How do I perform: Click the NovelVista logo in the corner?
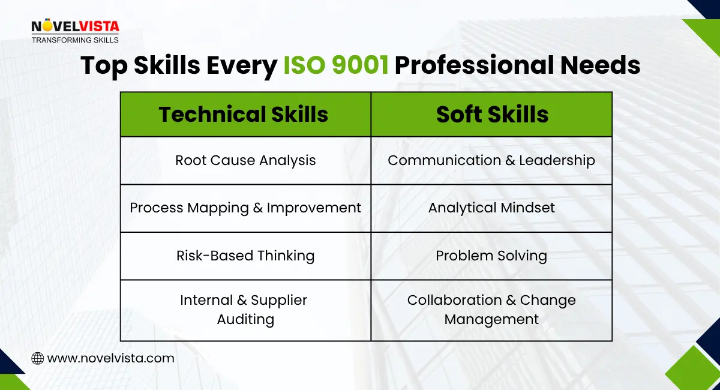point(75,27)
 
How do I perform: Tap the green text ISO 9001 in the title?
point(335,65)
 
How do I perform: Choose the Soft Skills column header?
point(492,114)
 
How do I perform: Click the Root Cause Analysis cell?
point(245,160)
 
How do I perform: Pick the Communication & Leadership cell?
point(491,160)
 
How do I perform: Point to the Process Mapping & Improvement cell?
point(245,208)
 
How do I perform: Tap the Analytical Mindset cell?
point(491,208)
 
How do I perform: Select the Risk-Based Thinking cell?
point(245,256)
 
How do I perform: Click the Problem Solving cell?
point(491,256)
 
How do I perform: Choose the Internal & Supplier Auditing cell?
point(245,310)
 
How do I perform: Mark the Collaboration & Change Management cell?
point(491,310)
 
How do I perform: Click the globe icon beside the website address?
point(37,358)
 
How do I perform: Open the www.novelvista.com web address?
point(110,358)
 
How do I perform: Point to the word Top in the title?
point(103,65)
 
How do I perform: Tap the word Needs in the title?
point(607,65)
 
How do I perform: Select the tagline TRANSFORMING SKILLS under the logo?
point(75,40)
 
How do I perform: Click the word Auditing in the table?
point(245,319)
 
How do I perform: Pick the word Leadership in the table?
point(557,160)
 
